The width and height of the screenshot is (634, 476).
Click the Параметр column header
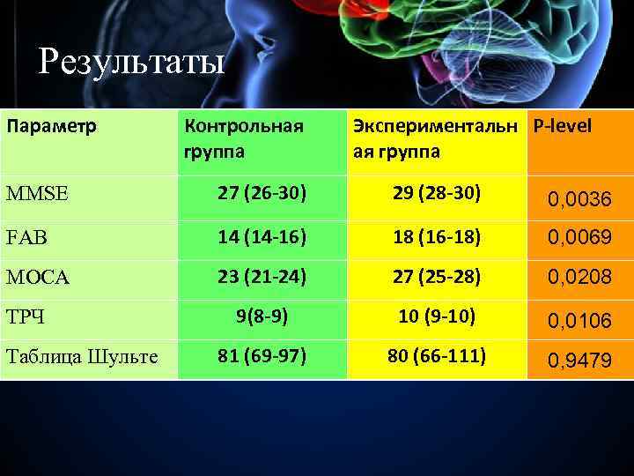52,126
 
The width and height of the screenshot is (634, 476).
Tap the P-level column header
561,125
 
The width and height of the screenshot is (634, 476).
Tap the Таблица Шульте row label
81,357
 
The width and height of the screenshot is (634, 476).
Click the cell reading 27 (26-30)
262,193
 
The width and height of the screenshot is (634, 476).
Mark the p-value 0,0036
579,202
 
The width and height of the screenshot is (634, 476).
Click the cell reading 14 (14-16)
262,235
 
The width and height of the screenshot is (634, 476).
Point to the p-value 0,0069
579,236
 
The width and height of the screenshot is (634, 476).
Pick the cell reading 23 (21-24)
262,277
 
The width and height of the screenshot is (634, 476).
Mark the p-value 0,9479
579,361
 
